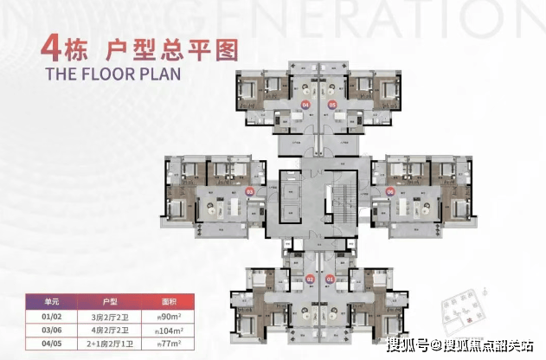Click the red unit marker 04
304,105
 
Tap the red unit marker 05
332,105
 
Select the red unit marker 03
250,191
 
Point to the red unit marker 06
390,191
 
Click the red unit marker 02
310,280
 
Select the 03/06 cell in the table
53,330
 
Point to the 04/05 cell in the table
53,344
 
